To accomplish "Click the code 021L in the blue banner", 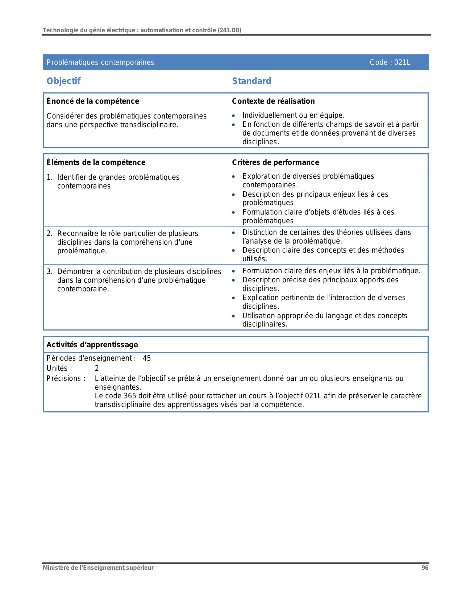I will pyautogui.click(x=402, y=62).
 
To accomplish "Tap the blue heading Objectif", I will pyautogui.click(x=63, y=81).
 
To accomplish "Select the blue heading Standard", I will pyautogui.click(x=251, y=81).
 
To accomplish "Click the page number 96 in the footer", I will pyautogui.click(x=425, y=568).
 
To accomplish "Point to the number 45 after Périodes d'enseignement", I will pyautogui.click(x=147, y=358).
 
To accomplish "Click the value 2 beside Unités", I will pyautogui.click(x=97, y=369).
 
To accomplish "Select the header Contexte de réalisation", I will pyautogui.click(x=273, y=101).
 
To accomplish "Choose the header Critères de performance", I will pyautogui.click(x=275, y=162).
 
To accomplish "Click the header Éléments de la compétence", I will pyautogui.click(x=96, y=162).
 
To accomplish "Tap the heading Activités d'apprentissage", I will pyautogui.click(x=92, y=345).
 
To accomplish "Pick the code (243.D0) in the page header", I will pyautogui.click(x=229, y=30).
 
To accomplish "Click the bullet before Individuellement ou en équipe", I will pyautogui.click(x=234, y=116).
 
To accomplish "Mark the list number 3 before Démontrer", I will pyautogui.click(x=49, y=271).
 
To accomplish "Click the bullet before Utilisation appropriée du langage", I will pyautogui.click(x=234, y=316).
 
